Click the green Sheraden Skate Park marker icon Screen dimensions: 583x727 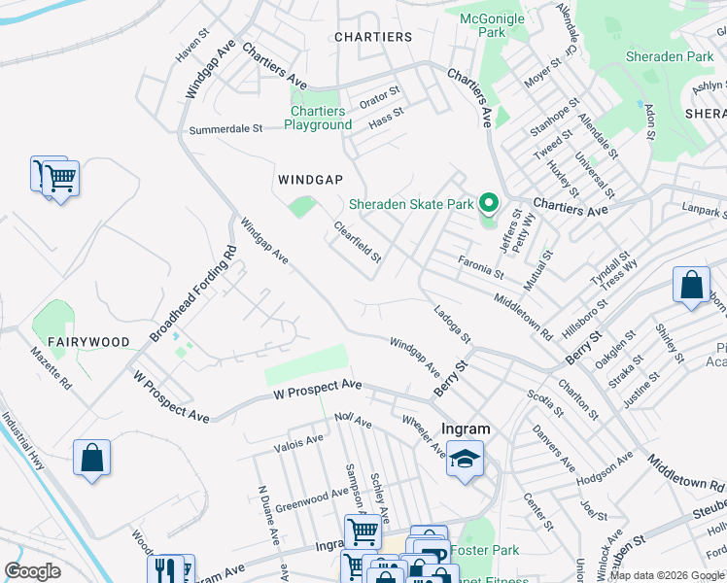[489, 204]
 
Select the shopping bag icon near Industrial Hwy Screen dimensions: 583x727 [91, 459]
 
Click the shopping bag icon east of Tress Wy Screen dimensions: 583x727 [691, 287]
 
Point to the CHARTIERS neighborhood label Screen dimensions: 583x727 [372, 37]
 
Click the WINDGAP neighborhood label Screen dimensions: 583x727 [310, 180]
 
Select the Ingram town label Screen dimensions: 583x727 [466, 429]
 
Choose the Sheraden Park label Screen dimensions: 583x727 [670, 57]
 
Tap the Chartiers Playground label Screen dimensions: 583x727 [321, 118]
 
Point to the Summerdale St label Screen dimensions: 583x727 [225, 128]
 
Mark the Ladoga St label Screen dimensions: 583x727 [452, 324]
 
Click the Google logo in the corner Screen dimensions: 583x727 [33, 571]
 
